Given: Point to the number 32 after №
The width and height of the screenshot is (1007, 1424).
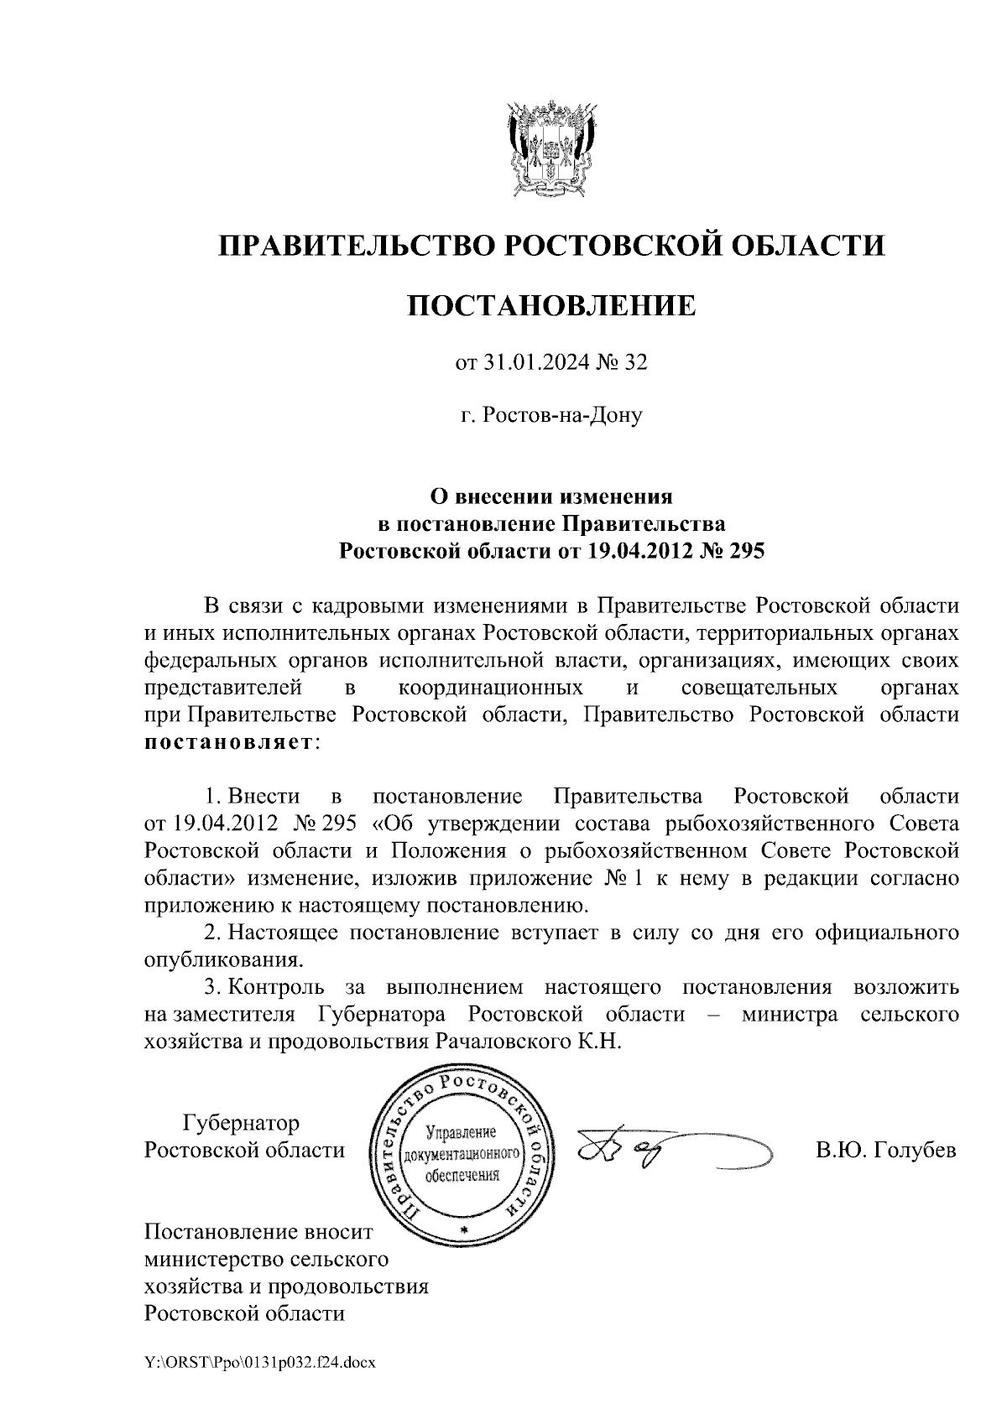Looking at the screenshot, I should (637, 362).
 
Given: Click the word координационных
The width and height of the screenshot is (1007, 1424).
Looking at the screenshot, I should (491, 689).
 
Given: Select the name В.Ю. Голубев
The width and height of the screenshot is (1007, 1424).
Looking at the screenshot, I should (885, 1151).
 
